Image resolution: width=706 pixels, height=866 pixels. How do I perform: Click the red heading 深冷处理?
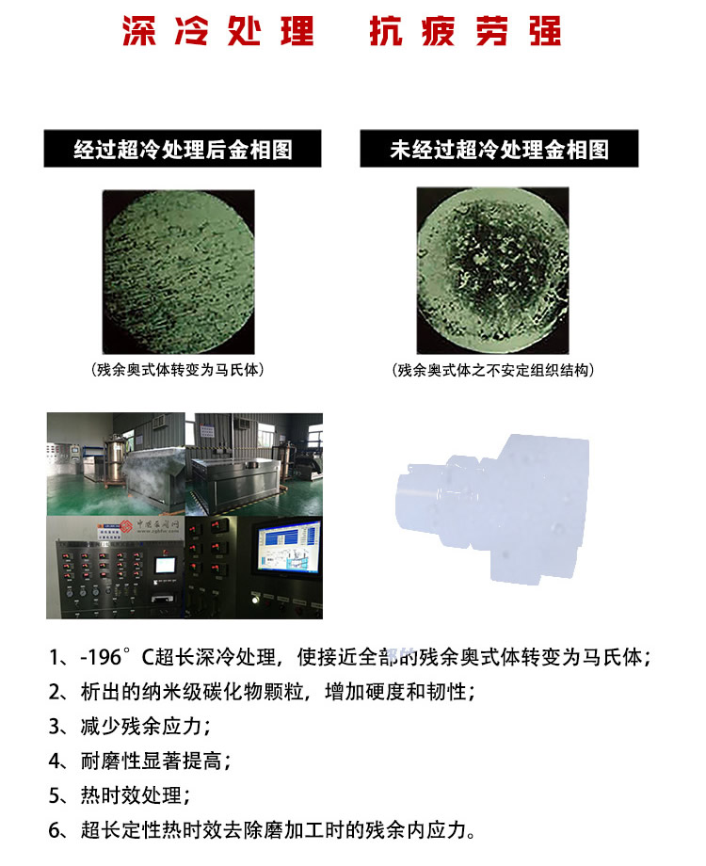[217, 30]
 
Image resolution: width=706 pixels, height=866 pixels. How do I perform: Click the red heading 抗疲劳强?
[465, 30]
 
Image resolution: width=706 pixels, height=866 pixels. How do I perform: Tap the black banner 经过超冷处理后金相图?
[183, 150]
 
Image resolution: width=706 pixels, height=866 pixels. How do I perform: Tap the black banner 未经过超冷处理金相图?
[499, 150]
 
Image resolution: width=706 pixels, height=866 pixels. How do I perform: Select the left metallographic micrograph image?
[178, 269]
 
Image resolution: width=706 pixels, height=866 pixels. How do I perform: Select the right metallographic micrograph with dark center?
[492, 269]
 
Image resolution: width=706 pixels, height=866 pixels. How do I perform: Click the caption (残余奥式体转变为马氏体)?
[178, 370]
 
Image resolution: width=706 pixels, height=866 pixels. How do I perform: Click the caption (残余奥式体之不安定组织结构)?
[493, 370]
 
